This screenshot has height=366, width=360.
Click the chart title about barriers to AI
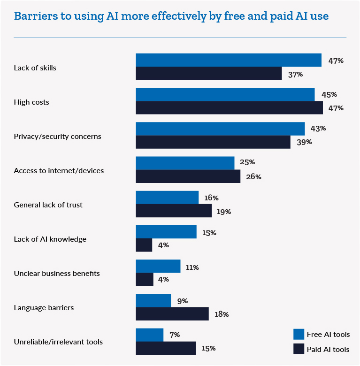click(171, 16)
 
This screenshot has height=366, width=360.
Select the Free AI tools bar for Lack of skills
click(229, 60)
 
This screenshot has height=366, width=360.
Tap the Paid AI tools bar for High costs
click(229, 108)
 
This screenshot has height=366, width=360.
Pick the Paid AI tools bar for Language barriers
click(172, 314)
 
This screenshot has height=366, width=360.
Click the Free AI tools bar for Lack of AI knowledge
click(166, 232)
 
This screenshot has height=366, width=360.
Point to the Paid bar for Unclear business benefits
click(145, 279)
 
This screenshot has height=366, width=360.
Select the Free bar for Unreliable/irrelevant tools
click(150, 335)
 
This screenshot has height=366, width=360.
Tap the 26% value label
click(253, 177)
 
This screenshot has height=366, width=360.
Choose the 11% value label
click(192, 267)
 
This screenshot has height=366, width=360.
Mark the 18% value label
click(221, 314)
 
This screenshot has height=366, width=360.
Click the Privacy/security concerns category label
click(58, 137)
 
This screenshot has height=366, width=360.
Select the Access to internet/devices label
click(59, 171)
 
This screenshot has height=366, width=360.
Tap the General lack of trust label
click(48, 205)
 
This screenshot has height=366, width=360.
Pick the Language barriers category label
click(44, 308)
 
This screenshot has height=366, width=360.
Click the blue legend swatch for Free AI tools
click(299, 334)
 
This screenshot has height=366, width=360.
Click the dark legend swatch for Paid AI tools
click(299, 349)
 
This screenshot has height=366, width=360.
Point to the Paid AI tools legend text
click(328, 349)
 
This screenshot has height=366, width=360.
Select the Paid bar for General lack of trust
click(174, 211)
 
